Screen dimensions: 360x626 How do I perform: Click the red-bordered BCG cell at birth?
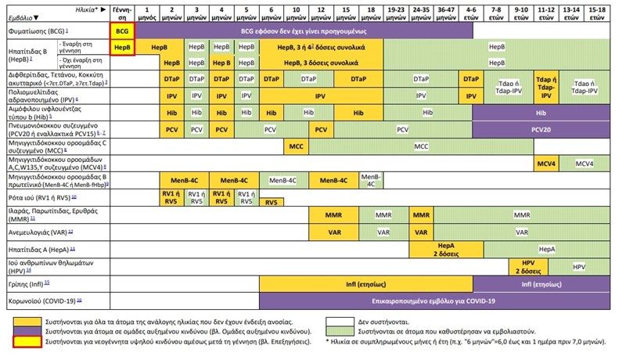coord(121,30)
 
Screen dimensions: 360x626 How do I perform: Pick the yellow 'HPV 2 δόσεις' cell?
coord(527,266)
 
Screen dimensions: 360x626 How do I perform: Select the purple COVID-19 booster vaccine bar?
coord(434,301)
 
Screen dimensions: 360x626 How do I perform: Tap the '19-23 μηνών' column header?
coord(395,13)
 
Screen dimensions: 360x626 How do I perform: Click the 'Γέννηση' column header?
coord(121,13)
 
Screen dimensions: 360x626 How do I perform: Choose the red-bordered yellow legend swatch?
coord(30,343)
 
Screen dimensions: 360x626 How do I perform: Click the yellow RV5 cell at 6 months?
coord(271,202)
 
